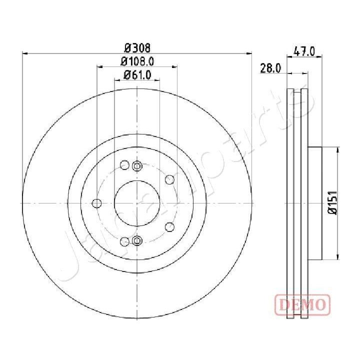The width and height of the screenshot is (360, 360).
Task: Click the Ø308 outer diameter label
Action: (x=137, y=48)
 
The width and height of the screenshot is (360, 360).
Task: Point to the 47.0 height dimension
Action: (x=304, y=50)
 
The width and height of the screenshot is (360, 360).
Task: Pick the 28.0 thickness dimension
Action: (x=270, y=68)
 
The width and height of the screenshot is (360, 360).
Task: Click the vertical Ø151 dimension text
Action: (x=331, y=203)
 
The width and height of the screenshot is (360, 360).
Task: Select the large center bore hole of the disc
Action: (x=136, y=203)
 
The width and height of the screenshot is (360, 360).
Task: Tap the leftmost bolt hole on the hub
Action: (x=97, y=203)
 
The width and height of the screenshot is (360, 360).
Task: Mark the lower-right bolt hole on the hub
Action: (x=169, y=226)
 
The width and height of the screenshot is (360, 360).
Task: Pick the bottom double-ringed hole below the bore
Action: (x=137, y=241)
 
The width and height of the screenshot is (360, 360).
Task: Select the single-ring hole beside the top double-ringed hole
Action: (x=124, y=165)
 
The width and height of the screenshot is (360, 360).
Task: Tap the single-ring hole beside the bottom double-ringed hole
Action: (x=124, y=241)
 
